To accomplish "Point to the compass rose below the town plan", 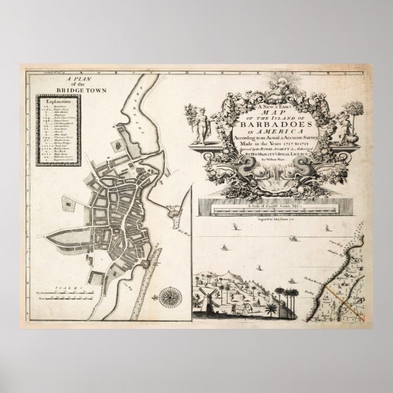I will click(x=167, y=297).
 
